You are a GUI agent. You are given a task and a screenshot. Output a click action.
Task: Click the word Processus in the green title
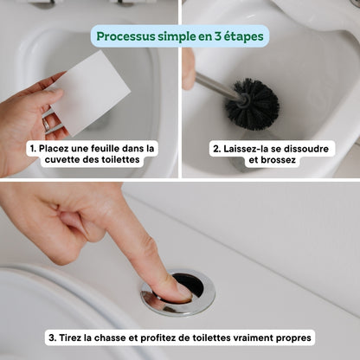[128, 36]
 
